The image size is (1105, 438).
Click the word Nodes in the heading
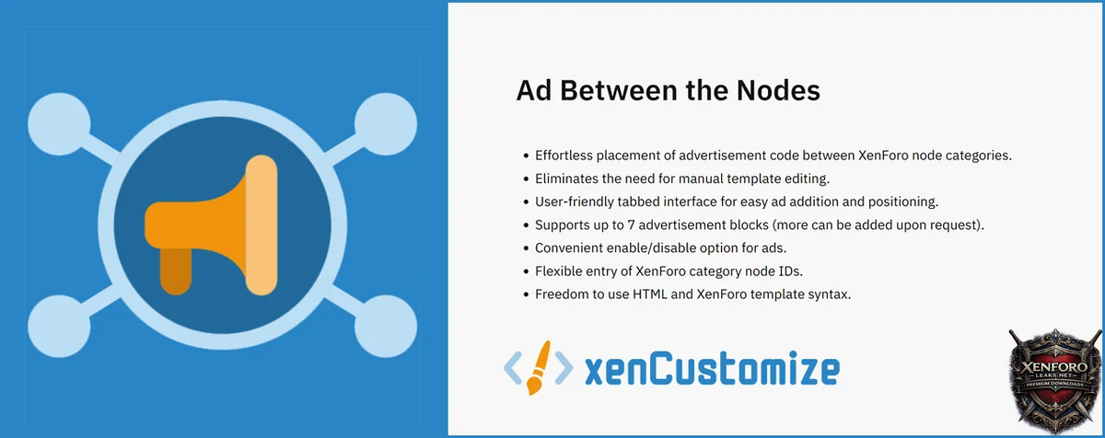[778, 91]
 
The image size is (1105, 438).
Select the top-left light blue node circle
[59, 124]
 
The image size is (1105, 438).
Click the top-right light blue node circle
[386, 124]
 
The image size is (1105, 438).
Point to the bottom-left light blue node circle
[59, 326]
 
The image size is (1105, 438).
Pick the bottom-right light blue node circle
[386, 326]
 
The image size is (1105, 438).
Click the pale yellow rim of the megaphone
[262, 225]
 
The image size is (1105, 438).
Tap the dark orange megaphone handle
[176, 271]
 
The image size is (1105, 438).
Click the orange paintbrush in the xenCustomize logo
[538, 367]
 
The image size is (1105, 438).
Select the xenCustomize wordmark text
[713, 369]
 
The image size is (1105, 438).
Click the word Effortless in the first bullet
[564, 156]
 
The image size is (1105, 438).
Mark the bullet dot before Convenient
[526, 248]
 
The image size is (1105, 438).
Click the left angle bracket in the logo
[513, 367]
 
